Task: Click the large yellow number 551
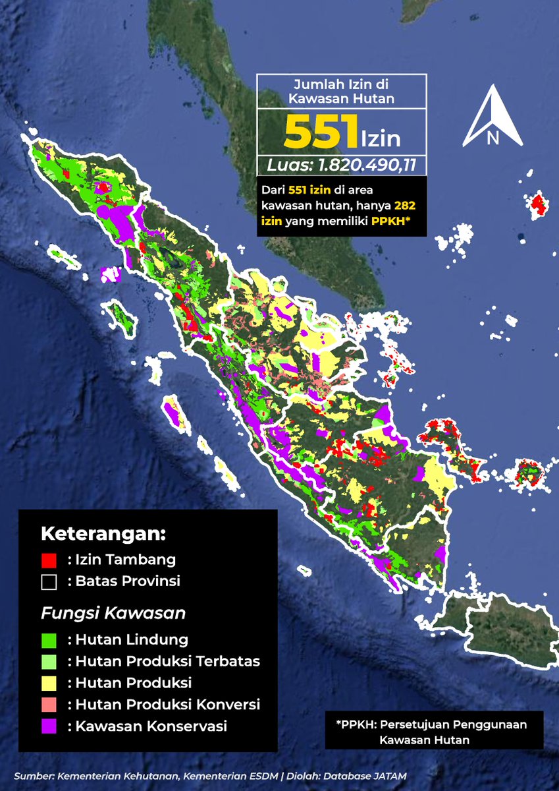tap(321, 132)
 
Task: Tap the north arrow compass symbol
tap(492, 117)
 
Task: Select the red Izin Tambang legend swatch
tap(49, 560)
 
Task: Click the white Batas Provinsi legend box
tap(49, 582)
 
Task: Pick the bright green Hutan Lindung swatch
tap(49, 639)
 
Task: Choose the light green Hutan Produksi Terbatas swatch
tap(49, 661)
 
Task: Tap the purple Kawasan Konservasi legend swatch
tap(49, 726)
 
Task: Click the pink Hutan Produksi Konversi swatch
tap(49, 705)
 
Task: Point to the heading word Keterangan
tap(103, 533)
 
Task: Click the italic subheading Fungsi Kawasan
tap(113, 613)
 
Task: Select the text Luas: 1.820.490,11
tap(341, 165)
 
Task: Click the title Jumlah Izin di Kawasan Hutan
tap(341, 91)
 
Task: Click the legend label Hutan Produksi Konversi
tap(168, 705)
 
